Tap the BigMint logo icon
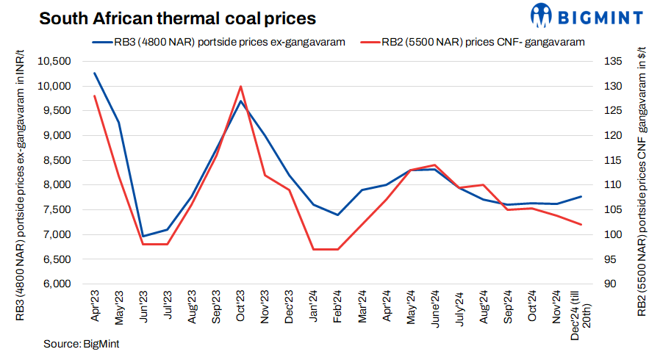tap(542, 15)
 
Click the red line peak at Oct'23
tap(240, 86)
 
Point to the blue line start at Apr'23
tap(95, 73)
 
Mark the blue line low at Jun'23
tap(143, 236)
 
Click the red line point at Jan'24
tap(313, 249)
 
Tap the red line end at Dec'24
tap(581, 224)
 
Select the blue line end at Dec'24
tap(581, 196)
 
